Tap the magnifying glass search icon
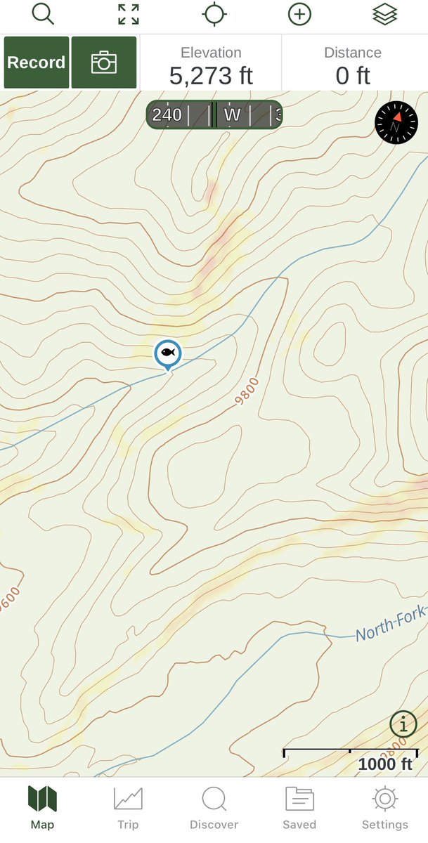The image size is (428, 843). tap(43, 14)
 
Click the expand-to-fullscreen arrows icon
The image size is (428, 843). tap(129, 14)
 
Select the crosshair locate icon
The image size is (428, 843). tap(214, 14)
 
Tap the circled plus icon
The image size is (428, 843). tap(299, 14)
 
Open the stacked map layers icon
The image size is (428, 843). tap(384, 14)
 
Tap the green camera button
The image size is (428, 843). tap(104, 63)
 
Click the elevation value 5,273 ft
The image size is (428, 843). tap(211, 75)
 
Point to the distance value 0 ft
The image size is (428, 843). tap(353, 75)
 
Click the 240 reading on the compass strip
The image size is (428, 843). tap(167, 115)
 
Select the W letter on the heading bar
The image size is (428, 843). tap(232, 115)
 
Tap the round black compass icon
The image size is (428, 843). tap(396, 122)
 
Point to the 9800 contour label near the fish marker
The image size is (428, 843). tap(247, 392)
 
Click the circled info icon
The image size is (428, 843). tap(403, 723)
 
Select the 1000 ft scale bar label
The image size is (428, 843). tap(385, 764)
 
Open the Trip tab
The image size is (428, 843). tap(128, 808)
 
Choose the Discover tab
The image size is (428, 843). tap(214, 808)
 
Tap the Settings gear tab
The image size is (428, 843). tap(384, 808)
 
